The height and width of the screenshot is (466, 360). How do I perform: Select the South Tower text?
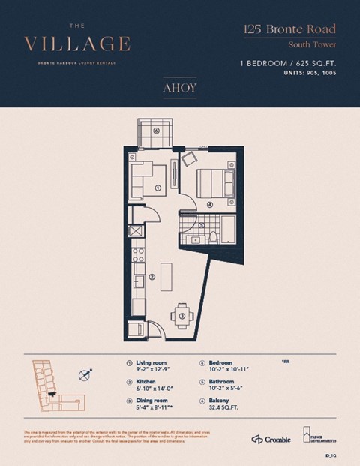click(x=314, y=44)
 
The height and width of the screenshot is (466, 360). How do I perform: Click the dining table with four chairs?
click(x=181, y=316)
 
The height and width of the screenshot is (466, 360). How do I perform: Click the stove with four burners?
click(x=137, y=255)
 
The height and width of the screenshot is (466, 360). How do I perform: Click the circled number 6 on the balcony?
click(x=156, y=129)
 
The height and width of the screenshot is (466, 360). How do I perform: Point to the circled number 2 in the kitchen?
click(x=151, y=276)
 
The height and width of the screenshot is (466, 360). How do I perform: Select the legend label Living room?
click(x=150, y=362)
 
